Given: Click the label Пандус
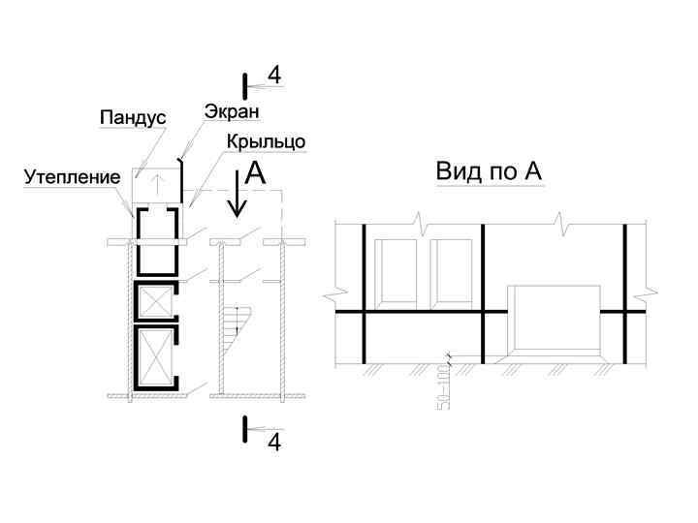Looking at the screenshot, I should [x=133, y=117].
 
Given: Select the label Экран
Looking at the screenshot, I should [x=224, y=111].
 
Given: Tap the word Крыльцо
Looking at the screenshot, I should [x=267, y=141].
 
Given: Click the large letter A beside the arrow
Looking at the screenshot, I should [x=255, y=173].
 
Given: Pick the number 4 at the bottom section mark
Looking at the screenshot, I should [x=274, y=443].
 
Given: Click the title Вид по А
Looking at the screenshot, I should [x=488, y=172].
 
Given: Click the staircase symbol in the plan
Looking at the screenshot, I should [x=237, y=327].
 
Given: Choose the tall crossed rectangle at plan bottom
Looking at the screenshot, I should [x=155, y=355].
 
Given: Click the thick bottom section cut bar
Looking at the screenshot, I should [x=246, y=430].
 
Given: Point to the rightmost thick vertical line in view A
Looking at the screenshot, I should [x=624, y=291].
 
